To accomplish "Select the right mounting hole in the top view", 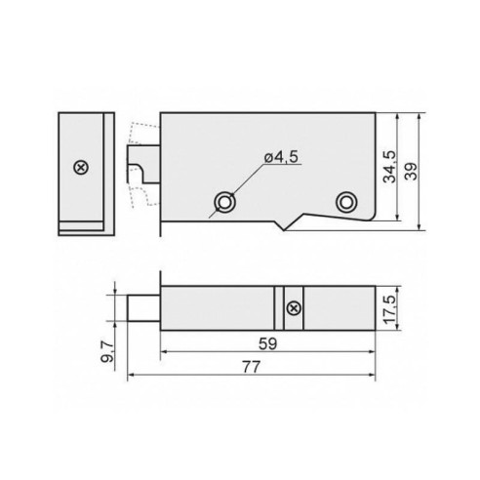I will tap(344, 201).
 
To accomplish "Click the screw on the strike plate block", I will tap(80, 168).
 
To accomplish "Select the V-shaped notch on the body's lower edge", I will tap(283, 226).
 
